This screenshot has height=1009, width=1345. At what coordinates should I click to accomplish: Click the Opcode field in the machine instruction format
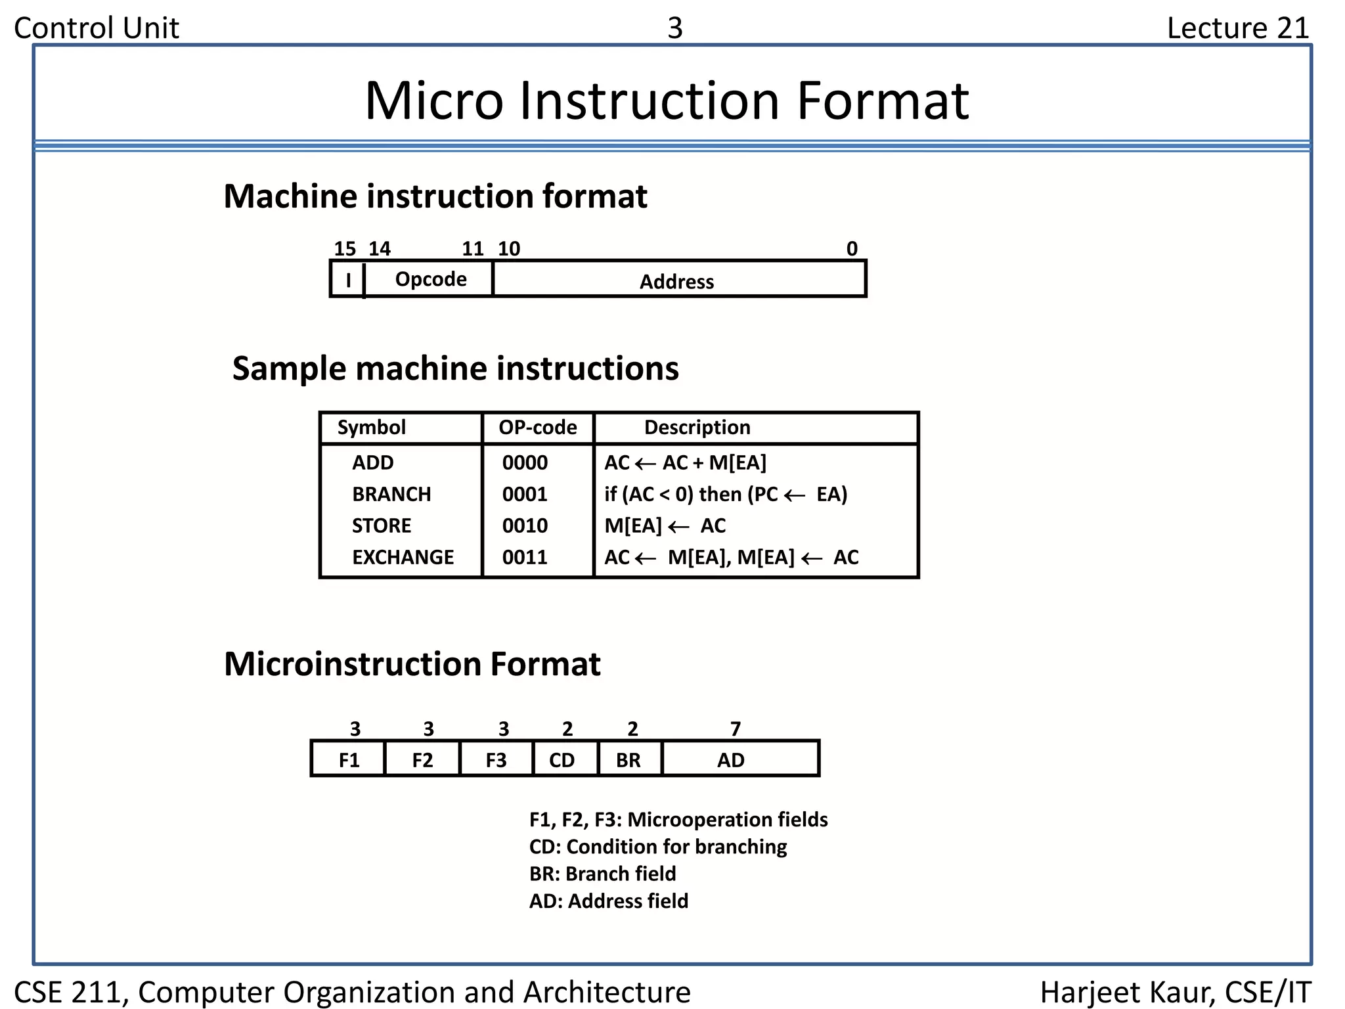click(x=430, y=279)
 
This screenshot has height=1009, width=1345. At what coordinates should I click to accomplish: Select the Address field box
click(x=678, y=280)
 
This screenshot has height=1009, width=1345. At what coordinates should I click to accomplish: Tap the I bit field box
click(x=348, y=280)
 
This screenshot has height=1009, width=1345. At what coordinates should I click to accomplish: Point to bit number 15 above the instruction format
click(x=344, y=248)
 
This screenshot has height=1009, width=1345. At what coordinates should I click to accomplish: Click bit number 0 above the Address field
click(x=852, y=248)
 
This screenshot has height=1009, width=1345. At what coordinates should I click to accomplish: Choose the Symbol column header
click(x=371, y=428)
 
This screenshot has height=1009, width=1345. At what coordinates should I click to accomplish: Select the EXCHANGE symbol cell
click(x=403, y=557)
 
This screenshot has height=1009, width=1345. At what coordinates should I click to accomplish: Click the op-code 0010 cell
click(x=525, y=526)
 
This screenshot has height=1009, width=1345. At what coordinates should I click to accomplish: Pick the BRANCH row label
click(x=391, y=494)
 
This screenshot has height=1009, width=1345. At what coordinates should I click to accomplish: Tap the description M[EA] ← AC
click(x=665, y=526)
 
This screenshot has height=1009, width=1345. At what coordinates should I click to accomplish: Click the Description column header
click(x=697, y=428)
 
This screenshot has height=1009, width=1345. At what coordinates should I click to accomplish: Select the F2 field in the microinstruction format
click(x=422, y=760)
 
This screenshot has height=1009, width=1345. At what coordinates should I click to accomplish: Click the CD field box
click(x=562, y=760)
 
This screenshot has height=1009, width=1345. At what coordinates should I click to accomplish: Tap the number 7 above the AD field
click(x=736, y=729)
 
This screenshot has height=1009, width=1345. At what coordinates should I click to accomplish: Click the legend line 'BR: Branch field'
click(x=602, y=874)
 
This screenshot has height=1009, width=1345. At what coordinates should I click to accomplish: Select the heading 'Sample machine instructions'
click(x=455, y=369)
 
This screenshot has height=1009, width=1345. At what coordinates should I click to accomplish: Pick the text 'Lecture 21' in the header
click(x=1238, y=28)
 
